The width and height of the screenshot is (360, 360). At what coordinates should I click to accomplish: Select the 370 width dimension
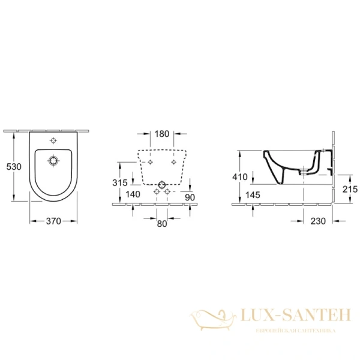[x=53, y=221]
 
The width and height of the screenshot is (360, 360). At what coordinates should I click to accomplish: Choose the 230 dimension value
[x=318, y=221]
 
